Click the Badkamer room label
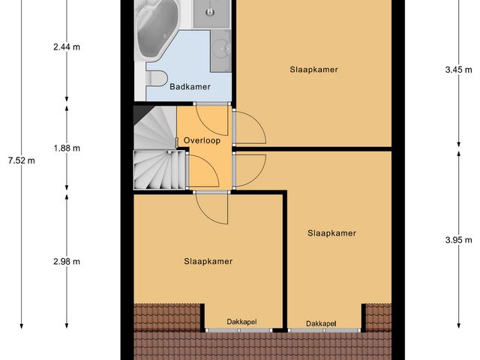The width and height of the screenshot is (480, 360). tap(190, 87)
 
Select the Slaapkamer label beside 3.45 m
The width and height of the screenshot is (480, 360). tap(313, 70)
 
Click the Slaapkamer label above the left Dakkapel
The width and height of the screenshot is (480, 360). tap(208, 262)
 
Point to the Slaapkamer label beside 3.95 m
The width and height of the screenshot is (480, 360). tap(331, 233)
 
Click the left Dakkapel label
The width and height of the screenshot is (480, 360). tap(241, 322)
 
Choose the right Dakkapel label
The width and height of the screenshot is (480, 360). tap(320, 323)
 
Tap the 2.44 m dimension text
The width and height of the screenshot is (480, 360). tap(67, 46)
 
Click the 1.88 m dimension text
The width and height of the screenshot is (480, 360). tap(67, 148)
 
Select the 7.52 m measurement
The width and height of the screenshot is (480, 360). tap(21, 160)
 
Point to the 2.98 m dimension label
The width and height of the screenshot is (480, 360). tap(67, 261)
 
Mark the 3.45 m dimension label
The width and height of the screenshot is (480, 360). tap(457, 70)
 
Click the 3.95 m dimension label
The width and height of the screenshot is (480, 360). tap(457, 240)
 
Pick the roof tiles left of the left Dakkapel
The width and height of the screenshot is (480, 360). tap(166, 316)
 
